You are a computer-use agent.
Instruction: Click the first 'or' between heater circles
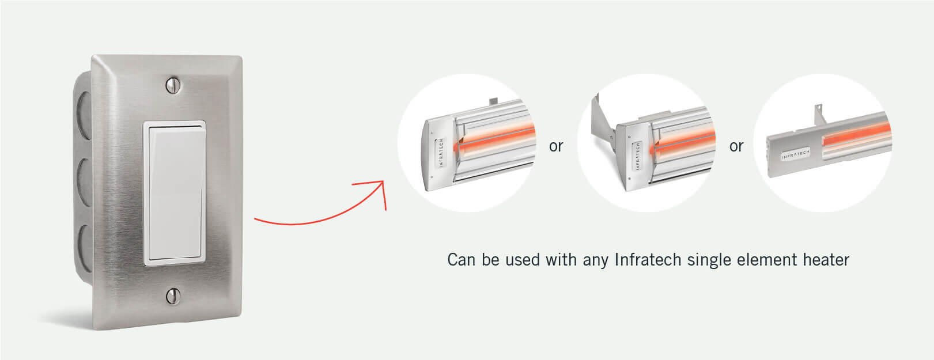coord(556,146)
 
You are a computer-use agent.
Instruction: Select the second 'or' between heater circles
coord(736,146)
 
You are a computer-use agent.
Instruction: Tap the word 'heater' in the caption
coord(826,260)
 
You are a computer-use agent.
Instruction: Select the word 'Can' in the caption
coord(462,260)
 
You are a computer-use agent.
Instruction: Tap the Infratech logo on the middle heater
coord(637,156)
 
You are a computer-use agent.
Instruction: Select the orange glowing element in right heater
coord(859,135)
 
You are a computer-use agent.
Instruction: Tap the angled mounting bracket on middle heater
coord(604,124)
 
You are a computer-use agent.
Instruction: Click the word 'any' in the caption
coord(595,260)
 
